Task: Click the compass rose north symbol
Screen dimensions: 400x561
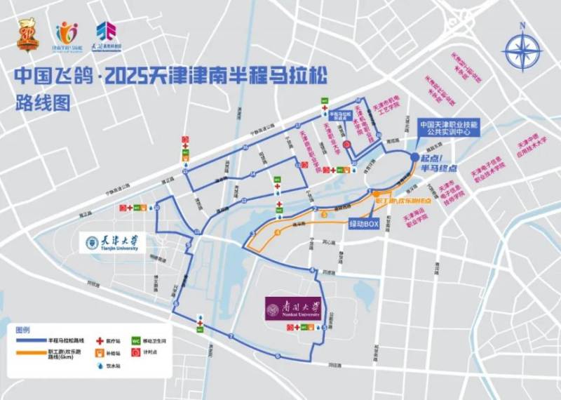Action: [x=522, y=49]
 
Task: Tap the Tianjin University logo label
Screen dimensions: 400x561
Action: [x=112, y=243]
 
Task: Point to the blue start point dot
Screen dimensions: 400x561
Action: [x=414, y=157]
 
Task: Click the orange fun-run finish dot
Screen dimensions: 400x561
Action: [x=377, y=192]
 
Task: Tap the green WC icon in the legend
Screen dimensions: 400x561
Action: [x=134, y=339]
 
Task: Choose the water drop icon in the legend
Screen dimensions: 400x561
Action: [x=100, y=366]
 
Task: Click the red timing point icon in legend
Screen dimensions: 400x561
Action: [x=134, y=352]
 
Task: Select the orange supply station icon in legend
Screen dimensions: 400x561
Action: [x=100, y=352]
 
